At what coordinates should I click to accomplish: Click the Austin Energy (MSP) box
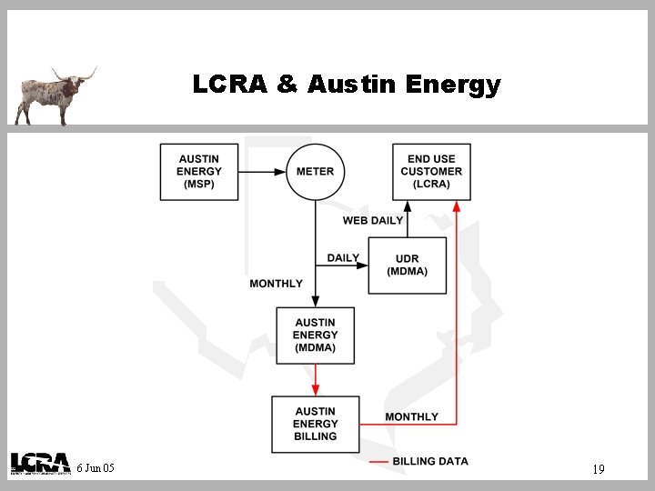pos(199,172)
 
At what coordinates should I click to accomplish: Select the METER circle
pos(315,172)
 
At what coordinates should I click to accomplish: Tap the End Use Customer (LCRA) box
pos(431,172)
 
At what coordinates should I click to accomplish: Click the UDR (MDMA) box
pos(407,266)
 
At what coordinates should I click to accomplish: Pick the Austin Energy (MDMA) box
pos(315,336)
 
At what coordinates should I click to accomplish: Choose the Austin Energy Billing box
pos(315,424)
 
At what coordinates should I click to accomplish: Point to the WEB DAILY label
pos(372,221)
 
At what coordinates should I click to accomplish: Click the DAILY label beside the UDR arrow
pos(343,258)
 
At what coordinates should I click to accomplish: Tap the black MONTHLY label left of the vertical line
pos(276,284)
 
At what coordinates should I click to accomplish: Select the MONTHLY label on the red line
pos(411,416)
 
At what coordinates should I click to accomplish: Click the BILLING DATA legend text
pos(430,462)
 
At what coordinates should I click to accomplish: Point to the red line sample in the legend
pos(378,462)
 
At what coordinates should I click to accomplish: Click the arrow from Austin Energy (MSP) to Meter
pos(263,172)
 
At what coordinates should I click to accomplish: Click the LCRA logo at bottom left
pos(40,464)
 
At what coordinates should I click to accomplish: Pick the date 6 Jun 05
pos(96,468)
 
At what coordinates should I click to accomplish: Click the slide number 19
pos(598,469)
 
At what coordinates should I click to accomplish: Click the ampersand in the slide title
pos(287,85)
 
